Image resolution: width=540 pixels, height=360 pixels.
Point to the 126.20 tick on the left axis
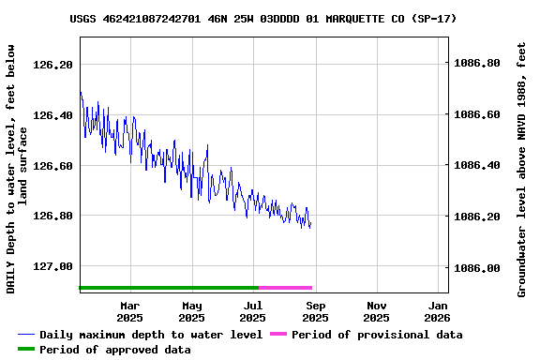point(52,65)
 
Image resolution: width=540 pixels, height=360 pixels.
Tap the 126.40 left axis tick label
point(52,115)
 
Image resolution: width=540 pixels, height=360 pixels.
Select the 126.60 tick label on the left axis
point(52,166)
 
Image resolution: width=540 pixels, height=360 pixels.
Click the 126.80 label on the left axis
point(52,217)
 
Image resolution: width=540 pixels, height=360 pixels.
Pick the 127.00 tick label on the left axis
point(52,267)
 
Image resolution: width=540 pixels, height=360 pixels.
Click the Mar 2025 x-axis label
point(130,311)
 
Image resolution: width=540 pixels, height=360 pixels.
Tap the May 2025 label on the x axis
point(192,311)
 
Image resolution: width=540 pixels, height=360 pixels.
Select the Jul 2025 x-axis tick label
point(254,311)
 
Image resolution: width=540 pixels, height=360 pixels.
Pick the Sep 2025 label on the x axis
point(316,311)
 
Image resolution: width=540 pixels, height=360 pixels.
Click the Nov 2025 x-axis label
point(377,311)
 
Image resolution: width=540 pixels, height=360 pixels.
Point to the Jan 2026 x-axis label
point(438,311)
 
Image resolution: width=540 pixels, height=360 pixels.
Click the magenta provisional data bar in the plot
point(285,288)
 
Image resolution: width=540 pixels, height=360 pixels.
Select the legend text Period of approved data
point(115,350)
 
